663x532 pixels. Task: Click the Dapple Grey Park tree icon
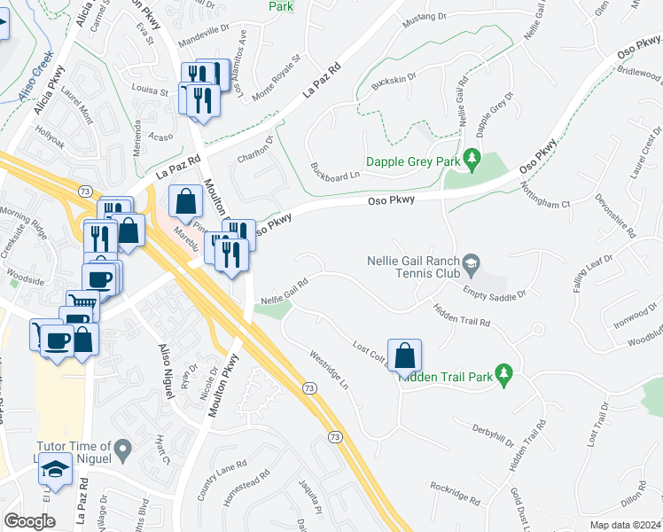tap(472, 160)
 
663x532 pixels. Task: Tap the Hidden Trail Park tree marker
tap(504, 375)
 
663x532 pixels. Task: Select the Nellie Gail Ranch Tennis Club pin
tap(472, 262)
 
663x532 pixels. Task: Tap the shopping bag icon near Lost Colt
tap(404, 357)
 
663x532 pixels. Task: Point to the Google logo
tap(29, 521)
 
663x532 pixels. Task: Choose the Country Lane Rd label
tap(222, 480)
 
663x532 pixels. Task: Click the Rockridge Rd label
tap(455, 495)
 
